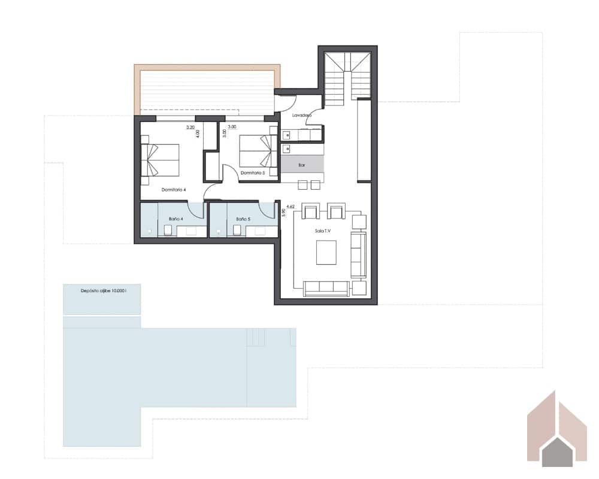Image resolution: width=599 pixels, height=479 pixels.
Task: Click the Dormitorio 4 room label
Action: pos(174,190)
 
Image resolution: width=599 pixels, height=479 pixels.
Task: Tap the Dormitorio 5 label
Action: pos(252,173)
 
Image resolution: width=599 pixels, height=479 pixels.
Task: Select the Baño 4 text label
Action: pos(176,219)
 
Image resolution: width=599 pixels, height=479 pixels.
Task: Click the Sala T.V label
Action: pos(323,231)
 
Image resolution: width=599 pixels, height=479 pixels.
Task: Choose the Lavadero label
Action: pos(301,115)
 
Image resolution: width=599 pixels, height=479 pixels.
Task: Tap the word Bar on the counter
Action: pos(302,164)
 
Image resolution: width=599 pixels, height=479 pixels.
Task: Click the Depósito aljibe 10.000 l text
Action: pos(102,290)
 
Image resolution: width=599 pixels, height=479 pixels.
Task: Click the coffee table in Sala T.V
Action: pos(326,251)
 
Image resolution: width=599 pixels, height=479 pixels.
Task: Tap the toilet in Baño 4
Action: pos(170,231)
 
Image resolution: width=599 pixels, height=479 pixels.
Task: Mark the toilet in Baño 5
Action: pos(238,231)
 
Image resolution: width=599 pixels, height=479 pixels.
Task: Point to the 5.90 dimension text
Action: pos(283,213)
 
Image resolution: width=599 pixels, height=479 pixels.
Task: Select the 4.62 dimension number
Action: pos(291,207)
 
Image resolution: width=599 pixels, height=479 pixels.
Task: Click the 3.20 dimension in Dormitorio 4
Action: pos(190,128)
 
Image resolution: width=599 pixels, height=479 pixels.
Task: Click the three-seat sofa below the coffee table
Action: pos(327,287)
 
